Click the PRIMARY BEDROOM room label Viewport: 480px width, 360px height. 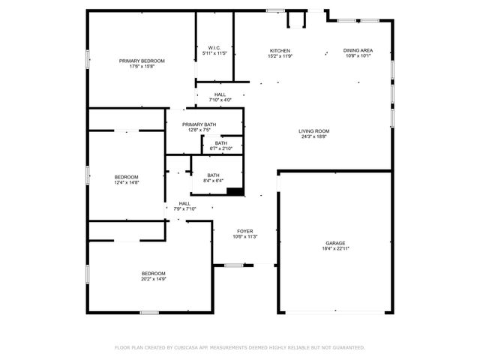pos(142,61)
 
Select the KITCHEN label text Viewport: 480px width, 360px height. pos(280,50)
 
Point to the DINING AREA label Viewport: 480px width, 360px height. pos(358,50)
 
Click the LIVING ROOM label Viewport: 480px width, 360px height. pos(315,131)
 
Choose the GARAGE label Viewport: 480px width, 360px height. pos(335,242)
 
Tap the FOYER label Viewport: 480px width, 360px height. pos(245,231)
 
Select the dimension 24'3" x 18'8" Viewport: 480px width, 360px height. pos(315,136)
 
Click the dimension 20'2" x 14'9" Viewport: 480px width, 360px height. pos(154,278)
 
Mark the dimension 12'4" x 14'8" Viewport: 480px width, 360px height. pos(126,182)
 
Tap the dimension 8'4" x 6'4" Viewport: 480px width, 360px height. pos(214,181)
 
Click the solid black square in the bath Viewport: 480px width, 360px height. pos(235,191)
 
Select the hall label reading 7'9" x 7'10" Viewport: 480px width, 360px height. pos(184,208)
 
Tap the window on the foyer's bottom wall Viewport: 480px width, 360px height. pos(234,265)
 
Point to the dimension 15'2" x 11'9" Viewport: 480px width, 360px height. pos(280,55)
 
